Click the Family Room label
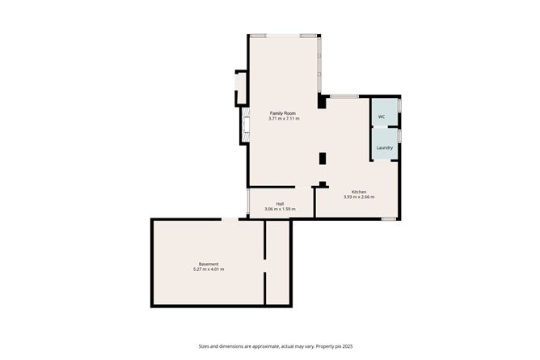point(282,113)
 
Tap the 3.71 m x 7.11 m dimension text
point(284,118)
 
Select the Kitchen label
point(359,192)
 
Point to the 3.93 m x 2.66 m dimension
point(359,197)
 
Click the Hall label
point(280,204)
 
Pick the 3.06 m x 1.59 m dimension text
point(280,209)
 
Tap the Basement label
point(209,265)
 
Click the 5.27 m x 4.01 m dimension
point(209,269)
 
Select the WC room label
point(382,116)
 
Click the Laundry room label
point(385,148)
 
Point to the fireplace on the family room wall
point(246,125)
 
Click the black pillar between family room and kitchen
point(323,159)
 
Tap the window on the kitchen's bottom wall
point(389,218)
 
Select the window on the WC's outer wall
point(399,105)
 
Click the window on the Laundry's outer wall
point(399,135)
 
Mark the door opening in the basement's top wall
point(230,219)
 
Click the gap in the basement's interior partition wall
point(265,265)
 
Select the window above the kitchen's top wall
point(344,96)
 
